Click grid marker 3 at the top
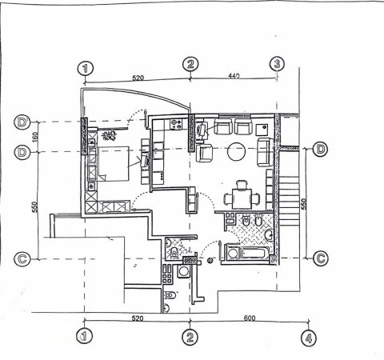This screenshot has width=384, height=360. (277, 63)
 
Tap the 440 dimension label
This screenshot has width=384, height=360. (234, 75)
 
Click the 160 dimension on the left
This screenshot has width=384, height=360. (35, 136)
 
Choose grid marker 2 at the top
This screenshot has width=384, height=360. (190, 64)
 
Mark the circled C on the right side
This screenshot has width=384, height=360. (320, 258)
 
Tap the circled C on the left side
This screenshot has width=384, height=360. (23, 258)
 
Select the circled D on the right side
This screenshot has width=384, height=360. (320, 150)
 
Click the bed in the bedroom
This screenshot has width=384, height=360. (113, 166)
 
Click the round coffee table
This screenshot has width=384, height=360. (237, 150)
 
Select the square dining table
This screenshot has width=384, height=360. (241, 194)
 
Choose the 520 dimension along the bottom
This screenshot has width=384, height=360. (137, 319)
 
